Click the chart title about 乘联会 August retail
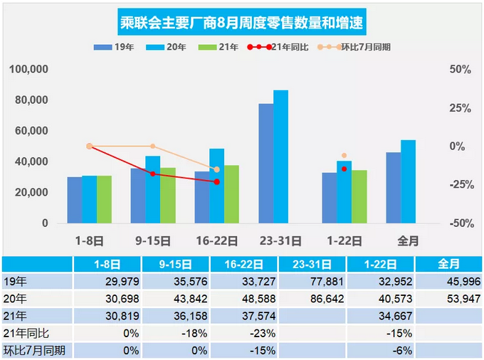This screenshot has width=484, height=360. (x=241, y=23)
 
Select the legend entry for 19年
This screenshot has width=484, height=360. (x=110, y=47)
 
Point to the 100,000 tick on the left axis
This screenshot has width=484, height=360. (x=28, y=70)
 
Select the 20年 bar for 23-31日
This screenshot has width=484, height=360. (x=280, y=157)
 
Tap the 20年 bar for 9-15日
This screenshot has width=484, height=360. (x=152, y=189)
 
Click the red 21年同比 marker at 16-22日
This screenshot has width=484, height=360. (x=217, y=181)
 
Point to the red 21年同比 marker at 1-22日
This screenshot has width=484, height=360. (x=344, y=169)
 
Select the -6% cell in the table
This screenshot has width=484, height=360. (x=386, y=349)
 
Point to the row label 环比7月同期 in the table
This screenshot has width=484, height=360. (x=36, y=349)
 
